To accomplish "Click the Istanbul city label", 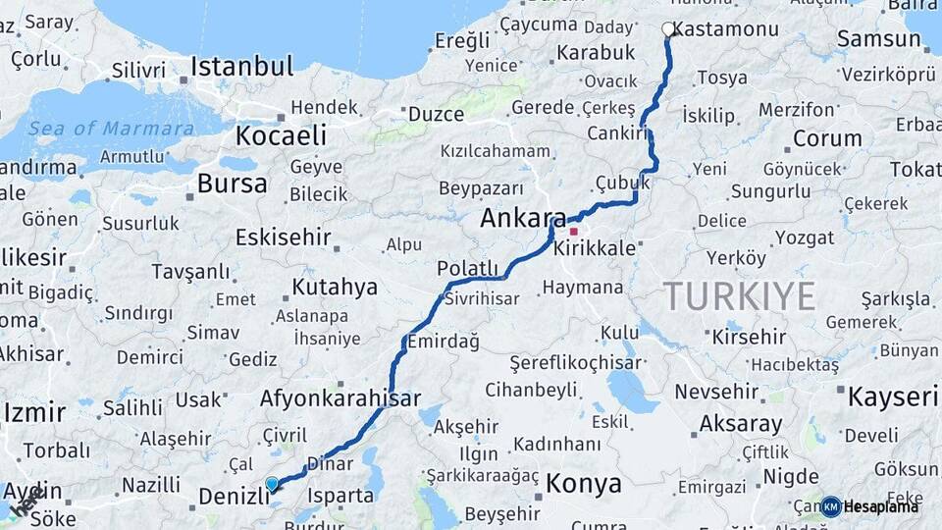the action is coord(241,67).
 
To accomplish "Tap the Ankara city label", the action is coord(523,219).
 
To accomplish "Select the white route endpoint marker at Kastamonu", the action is coord(668,29).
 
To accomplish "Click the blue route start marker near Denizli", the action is coord(272,484).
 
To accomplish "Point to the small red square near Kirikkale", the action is coord(574,232).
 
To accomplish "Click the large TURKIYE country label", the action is coord(740,295).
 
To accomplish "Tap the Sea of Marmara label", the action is coord(111,129).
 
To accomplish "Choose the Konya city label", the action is coord(583,483).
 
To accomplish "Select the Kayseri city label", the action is coord(893,397).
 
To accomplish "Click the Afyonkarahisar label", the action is coord(340,398).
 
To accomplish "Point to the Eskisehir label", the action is coord(283,237).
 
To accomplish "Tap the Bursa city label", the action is coord(232,184).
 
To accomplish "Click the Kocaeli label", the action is coord(282,135).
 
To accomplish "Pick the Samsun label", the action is coord(877,39).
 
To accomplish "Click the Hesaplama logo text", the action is coord(882,506).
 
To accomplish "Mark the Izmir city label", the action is coord(33,411).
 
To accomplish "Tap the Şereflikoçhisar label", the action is coord(563,362).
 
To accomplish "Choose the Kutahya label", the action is coord(334,287).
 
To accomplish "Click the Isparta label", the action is coord(340,496).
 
